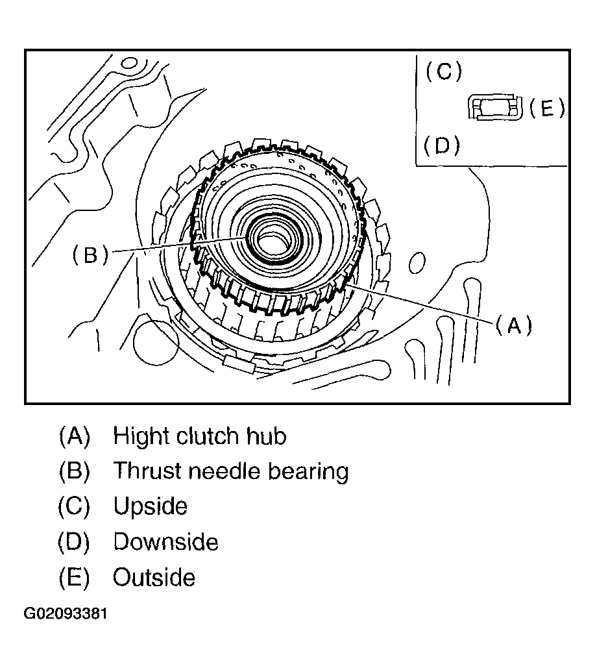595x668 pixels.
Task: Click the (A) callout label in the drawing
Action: click(513, 325)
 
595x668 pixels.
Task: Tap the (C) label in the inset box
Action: click(444, 71)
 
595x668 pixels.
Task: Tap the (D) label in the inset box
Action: click(442, 146)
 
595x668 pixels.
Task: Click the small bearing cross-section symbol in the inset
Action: click(494, 108)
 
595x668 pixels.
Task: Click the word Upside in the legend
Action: click(150, 506)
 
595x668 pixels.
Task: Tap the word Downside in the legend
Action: click(165, 541)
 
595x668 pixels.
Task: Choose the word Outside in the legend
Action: click(154, 577)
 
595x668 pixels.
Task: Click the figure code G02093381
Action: click(66, 613)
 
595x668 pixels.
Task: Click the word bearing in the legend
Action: click(311, 472)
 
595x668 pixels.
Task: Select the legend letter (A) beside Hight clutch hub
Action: click(74, 436)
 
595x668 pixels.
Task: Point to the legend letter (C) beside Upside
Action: click(74, 506)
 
